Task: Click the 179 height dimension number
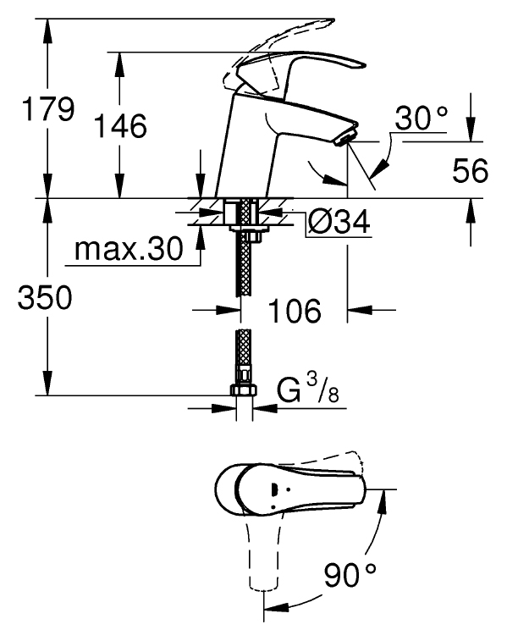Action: point(48,109)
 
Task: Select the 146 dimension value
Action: point(120,125)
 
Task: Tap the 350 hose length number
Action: point(45,297)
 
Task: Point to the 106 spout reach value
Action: point(295,310)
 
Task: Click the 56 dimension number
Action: point(471,170)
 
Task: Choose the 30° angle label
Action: point(421,118)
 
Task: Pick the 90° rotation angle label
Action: point(350,574)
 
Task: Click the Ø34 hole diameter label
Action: point(339,222)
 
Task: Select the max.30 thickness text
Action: point(129,249)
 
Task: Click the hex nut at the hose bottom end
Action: point(244,390)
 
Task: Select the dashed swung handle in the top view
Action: point(263,550)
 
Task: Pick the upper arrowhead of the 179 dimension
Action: point(47,31)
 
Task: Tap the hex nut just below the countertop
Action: point(251,237)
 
